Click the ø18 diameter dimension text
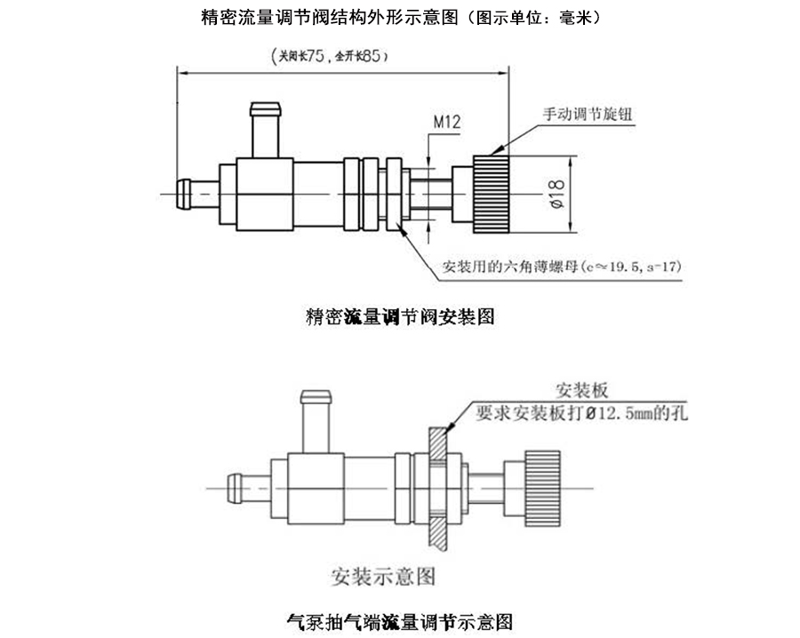coord(556,193)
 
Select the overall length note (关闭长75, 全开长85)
coord(329,56)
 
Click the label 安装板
coord(581,389)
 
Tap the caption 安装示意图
coord(383,576)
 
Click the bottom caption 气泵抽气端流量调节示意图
coord(400,620)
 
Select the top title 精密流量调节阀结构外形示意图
coord(399,17)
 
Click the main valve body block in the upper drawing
coord(264,192)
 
